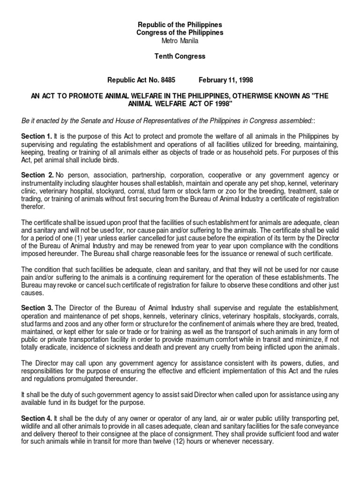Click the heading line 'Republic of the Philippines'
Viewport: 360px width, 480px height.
pyautogui.click(x=180, y=24)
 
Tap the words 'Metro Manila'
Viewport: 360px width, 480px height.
pyautogui.click(x=180, y=41)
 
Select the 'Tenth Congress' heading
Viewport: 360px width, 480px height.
pyautogui.click(x=180, y=56)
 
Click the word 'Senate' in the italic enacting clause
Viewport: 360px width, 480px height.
pyautogui.click(x=89, y=120)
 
